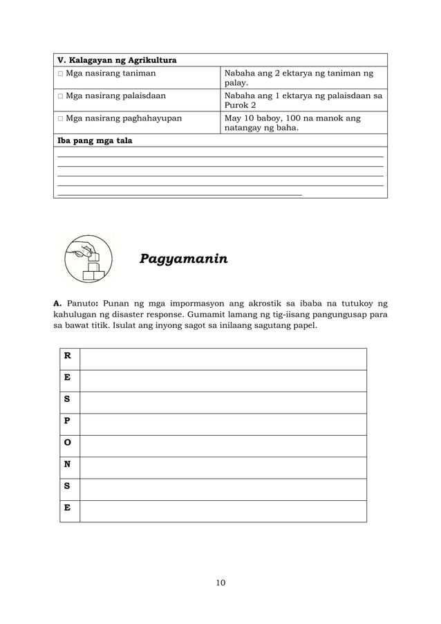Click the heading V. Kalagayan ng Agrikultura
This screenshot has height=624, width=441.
[x=116, y=60]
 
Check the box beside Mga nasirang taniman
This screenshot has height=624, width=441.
[x=60, y=73]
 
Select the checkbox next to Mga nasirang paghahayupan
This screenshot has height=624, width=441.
[x=60, y=118]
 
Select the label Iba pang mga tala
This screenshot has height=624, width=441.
[x=94, y=140]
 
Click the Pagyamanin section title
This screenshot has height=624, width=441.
[x=183, y=259]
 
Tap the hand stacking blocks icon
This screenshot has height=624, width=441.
[x=88, y=259]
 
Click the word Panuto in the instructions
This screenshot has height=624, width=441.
[x=81, y=302]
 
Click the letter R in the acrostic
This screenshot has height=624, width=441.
[x=67, y=356]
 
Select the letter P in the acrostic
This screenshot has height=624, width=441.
[x=67, y=421]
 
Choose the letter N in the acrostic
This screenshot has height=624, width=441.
[x=67, y=464]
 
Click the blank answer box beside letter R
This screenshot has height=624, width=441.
[x=223, y=359]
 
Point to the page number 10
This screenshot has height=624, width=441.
[x=220, y=582]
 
